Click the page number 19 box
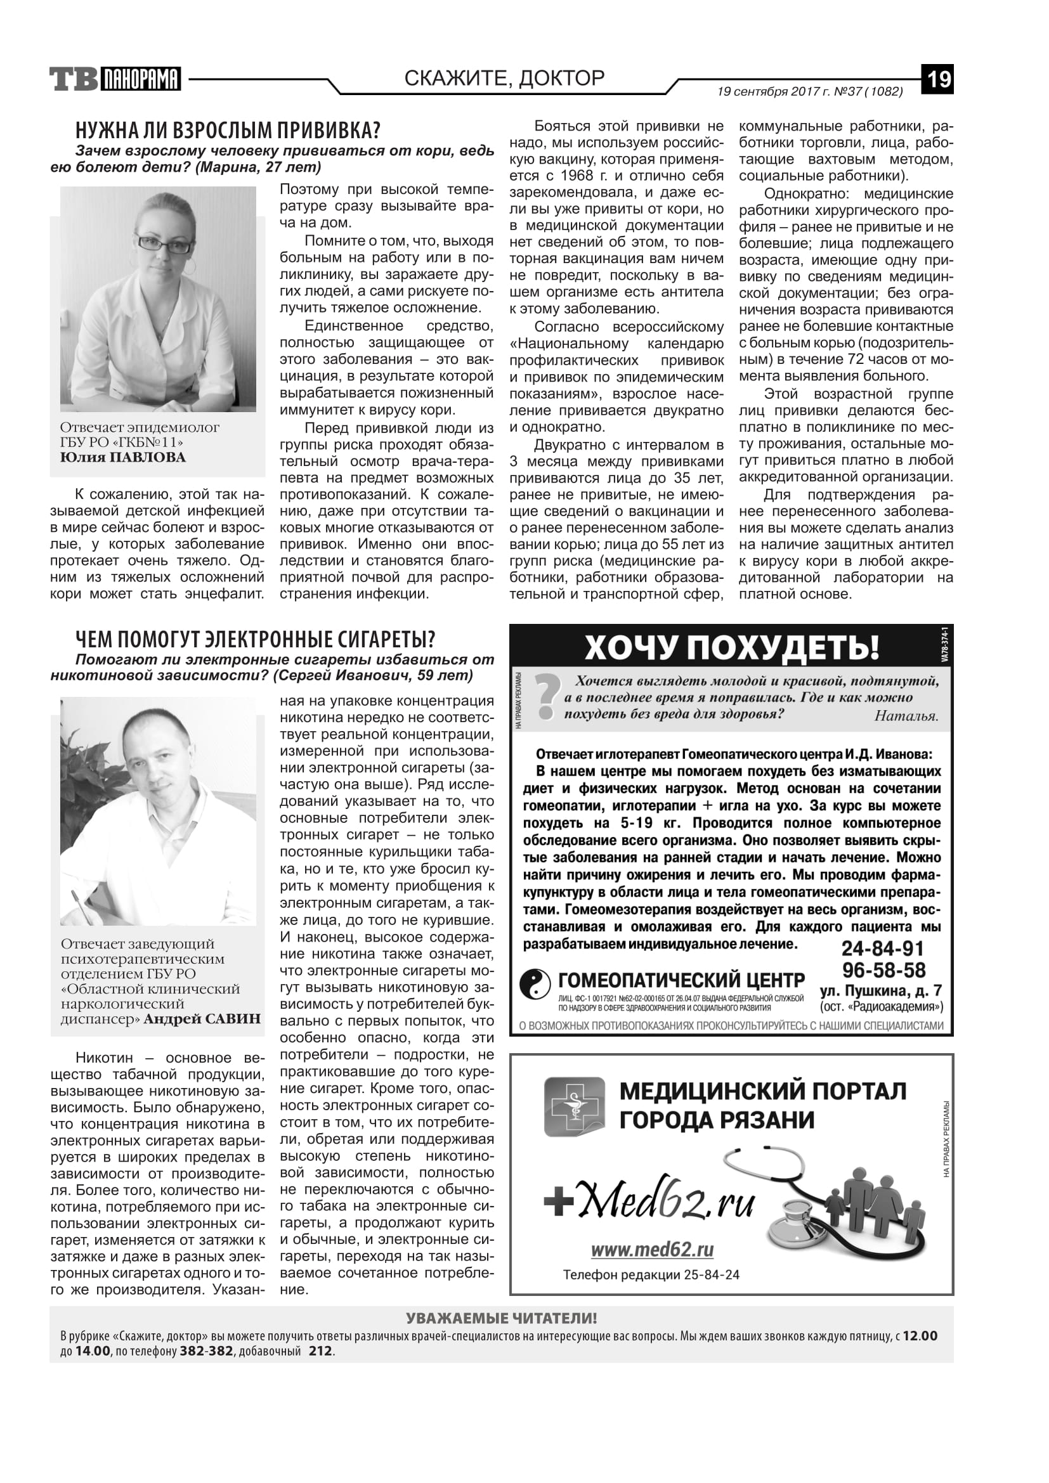937,79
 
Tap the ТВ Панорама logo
115,79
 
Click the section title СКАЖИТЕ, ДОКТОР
504,78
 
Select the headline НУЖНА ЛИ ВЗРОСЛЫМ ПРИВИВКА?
228,130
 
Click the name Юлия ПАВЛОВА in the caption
123,457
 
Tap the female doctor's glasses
164,245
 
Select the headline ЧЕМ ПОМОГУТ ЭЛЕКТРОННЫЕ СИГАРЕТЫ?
255,640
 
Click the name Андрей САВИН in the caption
202,1020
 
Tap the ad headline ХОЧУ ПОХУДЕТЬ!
732,647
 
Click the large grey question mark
547,696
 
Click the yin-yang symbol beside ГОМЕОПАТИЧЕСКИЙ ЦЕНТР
535,985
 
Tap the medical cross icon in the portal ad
574,1106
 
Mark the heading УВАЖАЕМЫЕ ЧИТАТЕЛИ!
501,1318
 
